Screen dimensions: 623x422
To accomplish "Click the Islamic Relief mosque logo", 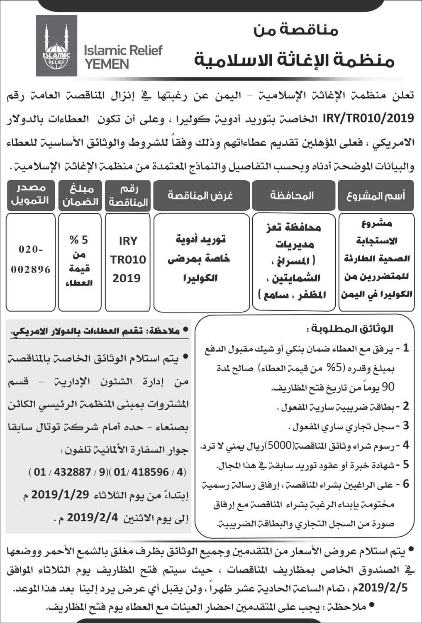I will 56,46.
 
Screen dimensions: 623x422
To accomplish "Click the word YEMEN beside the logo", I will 106,64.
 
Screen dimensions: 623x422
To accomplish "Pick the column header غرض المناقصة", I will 200,195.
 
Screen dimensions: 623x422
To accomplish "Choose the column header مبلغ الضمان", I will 80,195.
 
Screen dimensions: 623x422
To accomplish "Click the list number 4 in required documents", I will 406,446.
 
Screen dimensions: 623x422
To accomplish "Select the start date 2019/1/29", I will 61,494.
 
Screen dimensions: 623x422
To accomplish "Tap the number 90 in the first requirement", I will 386,387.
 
